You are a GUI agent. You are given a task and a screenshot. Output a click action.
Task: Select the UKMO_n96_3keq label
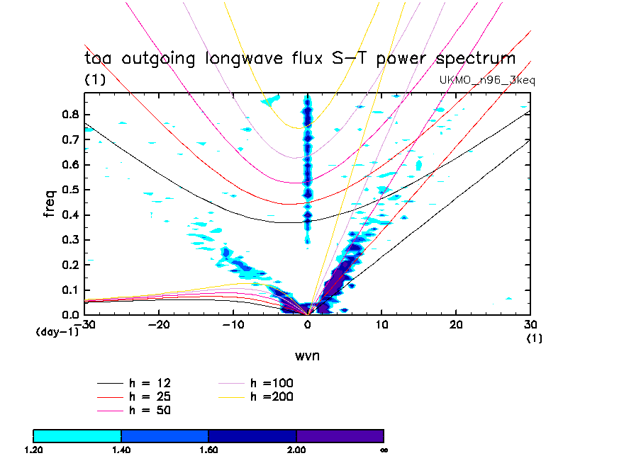[x=487, y=81]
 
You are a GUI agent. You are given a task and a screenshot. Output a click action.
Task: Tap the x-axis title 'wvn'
[x=307, y=355]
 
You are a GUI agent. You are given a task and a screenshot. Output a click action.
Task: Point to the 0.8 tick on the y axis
[x=69, y=115]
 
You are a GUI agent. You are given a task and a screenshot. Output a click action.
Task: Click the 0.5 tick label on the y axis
[x=69, y=190]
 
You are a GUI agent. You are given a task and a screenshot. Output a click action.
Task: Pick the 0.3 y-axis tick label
[x=69, y=240]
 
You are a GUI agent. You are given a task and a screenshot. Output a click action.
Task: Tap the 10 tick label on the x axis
[x=382, y=324]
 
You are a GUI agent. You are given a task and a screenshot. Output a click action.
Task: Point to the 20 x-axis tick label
[x=457, y=324]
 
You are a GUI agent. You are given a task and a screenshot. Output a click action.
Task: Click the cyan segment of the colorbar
[x=77, y=435]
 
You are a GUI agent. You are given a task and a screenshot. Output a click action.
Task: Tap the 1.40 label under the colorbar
[x=121, y=449]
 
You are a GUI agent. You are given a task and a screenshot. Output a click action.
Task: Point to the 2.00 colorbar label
[x=296, y=449]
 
